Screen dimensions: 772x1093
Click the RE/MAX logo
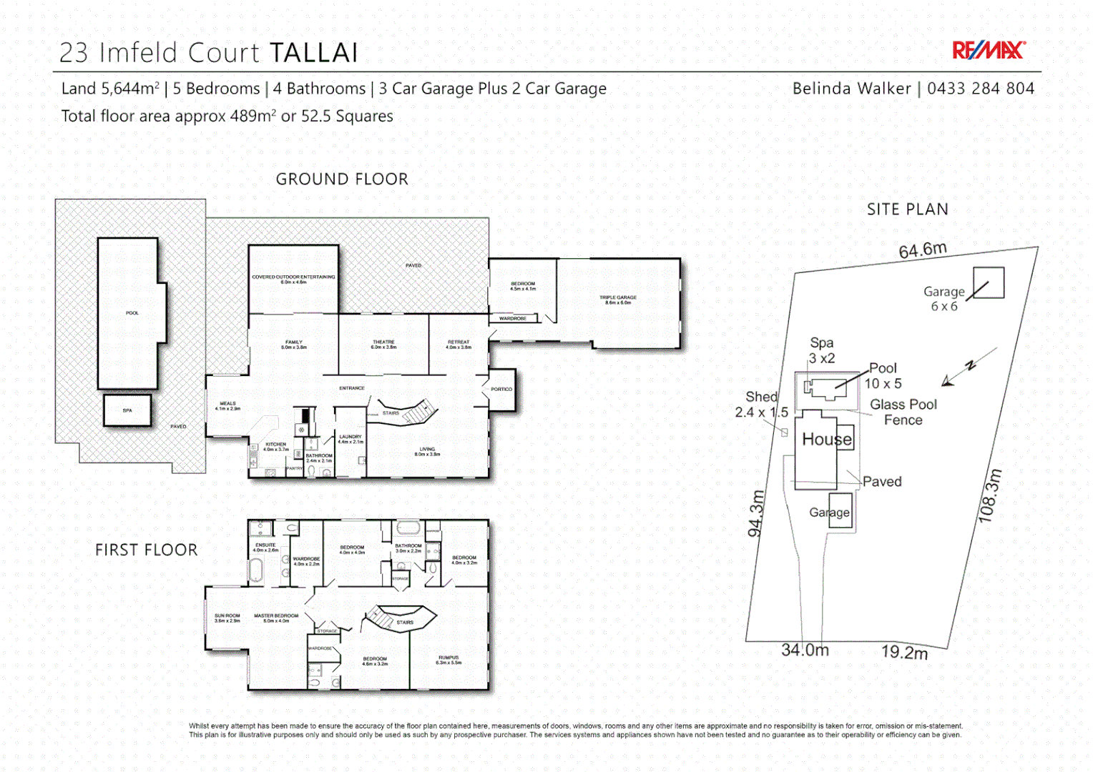[988, 50]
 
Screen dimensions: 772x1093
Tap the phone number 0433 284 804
[980, 89]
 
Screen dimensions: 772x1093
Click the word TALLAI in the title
[313, 53]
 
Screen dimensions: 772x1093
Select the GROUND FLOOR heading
[342, 179]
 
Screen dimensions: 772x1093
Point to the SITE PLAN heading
[907, 209]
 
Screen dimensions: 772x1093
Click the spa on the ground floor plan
[127, 411]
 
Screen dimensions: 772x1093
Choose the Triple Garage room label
[618, 300]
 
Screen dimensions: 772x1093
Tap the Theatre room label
[383, 345]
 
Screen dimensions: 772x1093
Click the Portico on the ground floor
[501, 390]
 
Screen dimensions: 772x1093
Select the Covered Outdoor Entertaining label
[293, 279]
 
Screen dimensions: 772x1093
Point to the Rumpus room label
[449, 660]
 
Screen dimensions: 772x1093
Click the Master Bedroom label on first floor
[276, 618]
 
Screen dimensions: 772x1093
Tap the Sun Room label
[227, 618]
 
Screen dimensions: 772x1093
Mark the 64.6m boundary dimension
[923, 250]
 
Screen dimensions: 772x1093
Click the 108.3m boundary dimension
[990, 496]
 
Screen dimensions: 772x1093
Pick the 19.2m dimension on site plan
[904, 652]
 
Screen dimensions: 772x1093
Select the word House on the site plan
[827, 439]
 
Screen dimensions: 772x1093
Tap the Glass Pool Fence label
[903, 412]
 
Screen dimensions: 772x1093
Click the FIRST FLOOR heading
[147, 550]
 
